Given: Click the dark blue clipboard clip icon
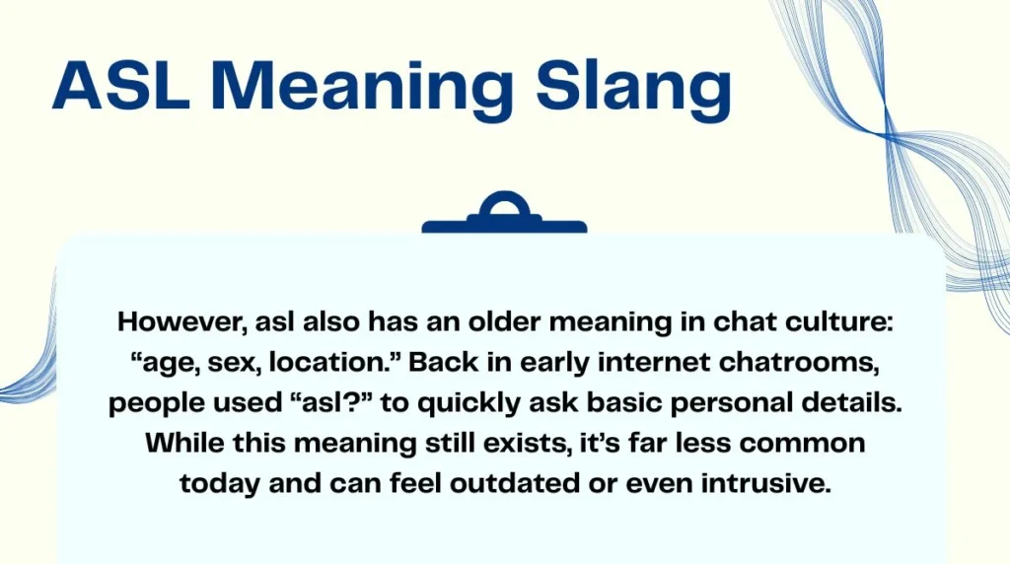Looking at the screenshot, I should click(x=504, y=215).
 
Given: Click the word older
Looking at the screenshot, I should click(x=485, y=322).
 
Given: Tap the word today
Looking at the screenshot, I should click(x=216, y=484).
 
